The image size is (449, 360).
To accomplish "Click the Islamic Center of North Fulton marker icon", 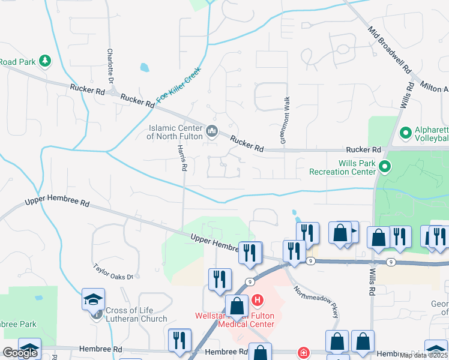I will pos(211,131).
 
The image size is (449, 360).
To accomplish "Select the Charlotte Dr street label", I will pos(110,66).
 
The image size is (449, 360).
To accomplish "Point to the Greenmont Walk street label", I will pos(286,120).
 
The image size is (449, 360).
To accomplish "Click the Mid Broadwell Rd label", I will pos(388,47).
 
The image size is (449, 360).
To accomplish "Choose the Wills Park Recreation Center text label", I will pos(342,167).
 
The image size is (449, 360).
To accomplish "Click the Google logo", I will pos(20,353).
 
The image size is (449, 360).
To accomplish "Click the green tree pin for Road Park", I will pos(44,61).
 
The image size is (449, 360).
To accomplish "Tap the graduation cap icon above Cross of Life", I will pos(94,299).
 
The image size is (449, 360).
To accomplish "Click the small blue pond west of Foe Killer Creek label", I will pos(144,67).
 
